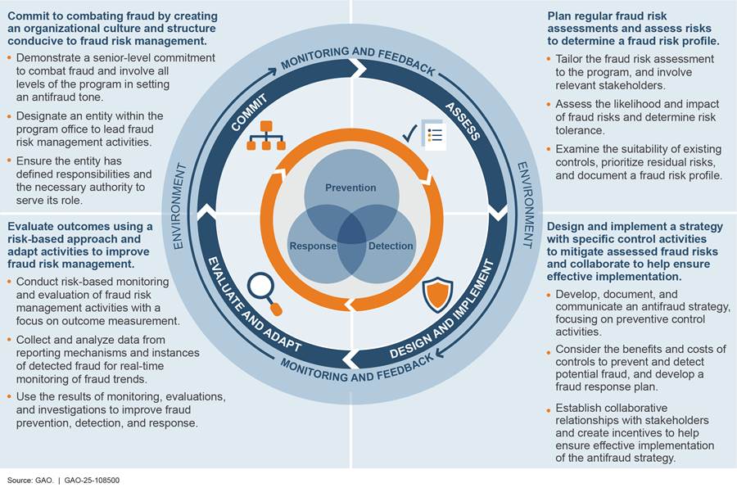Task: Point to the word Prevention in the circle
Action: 350,188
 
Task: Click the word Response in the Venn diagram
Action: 312,246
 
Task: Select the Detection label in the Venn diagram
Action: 390,246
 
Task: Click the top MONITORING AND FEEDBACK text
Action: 358,61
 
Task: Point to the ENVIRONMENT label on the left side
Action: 179,204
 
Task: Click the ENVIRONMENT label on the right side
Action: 523,204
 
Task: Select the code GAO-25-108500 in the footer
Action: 87,480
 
